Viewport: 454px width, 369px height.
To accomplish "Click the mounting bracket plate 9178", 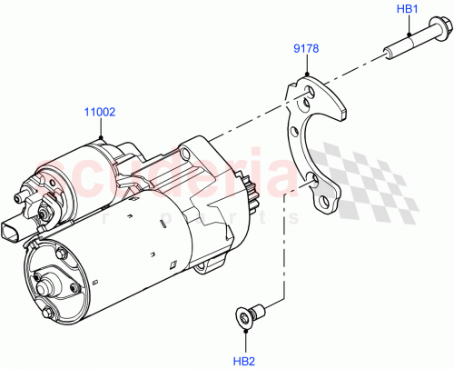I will tap(313, 145).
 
